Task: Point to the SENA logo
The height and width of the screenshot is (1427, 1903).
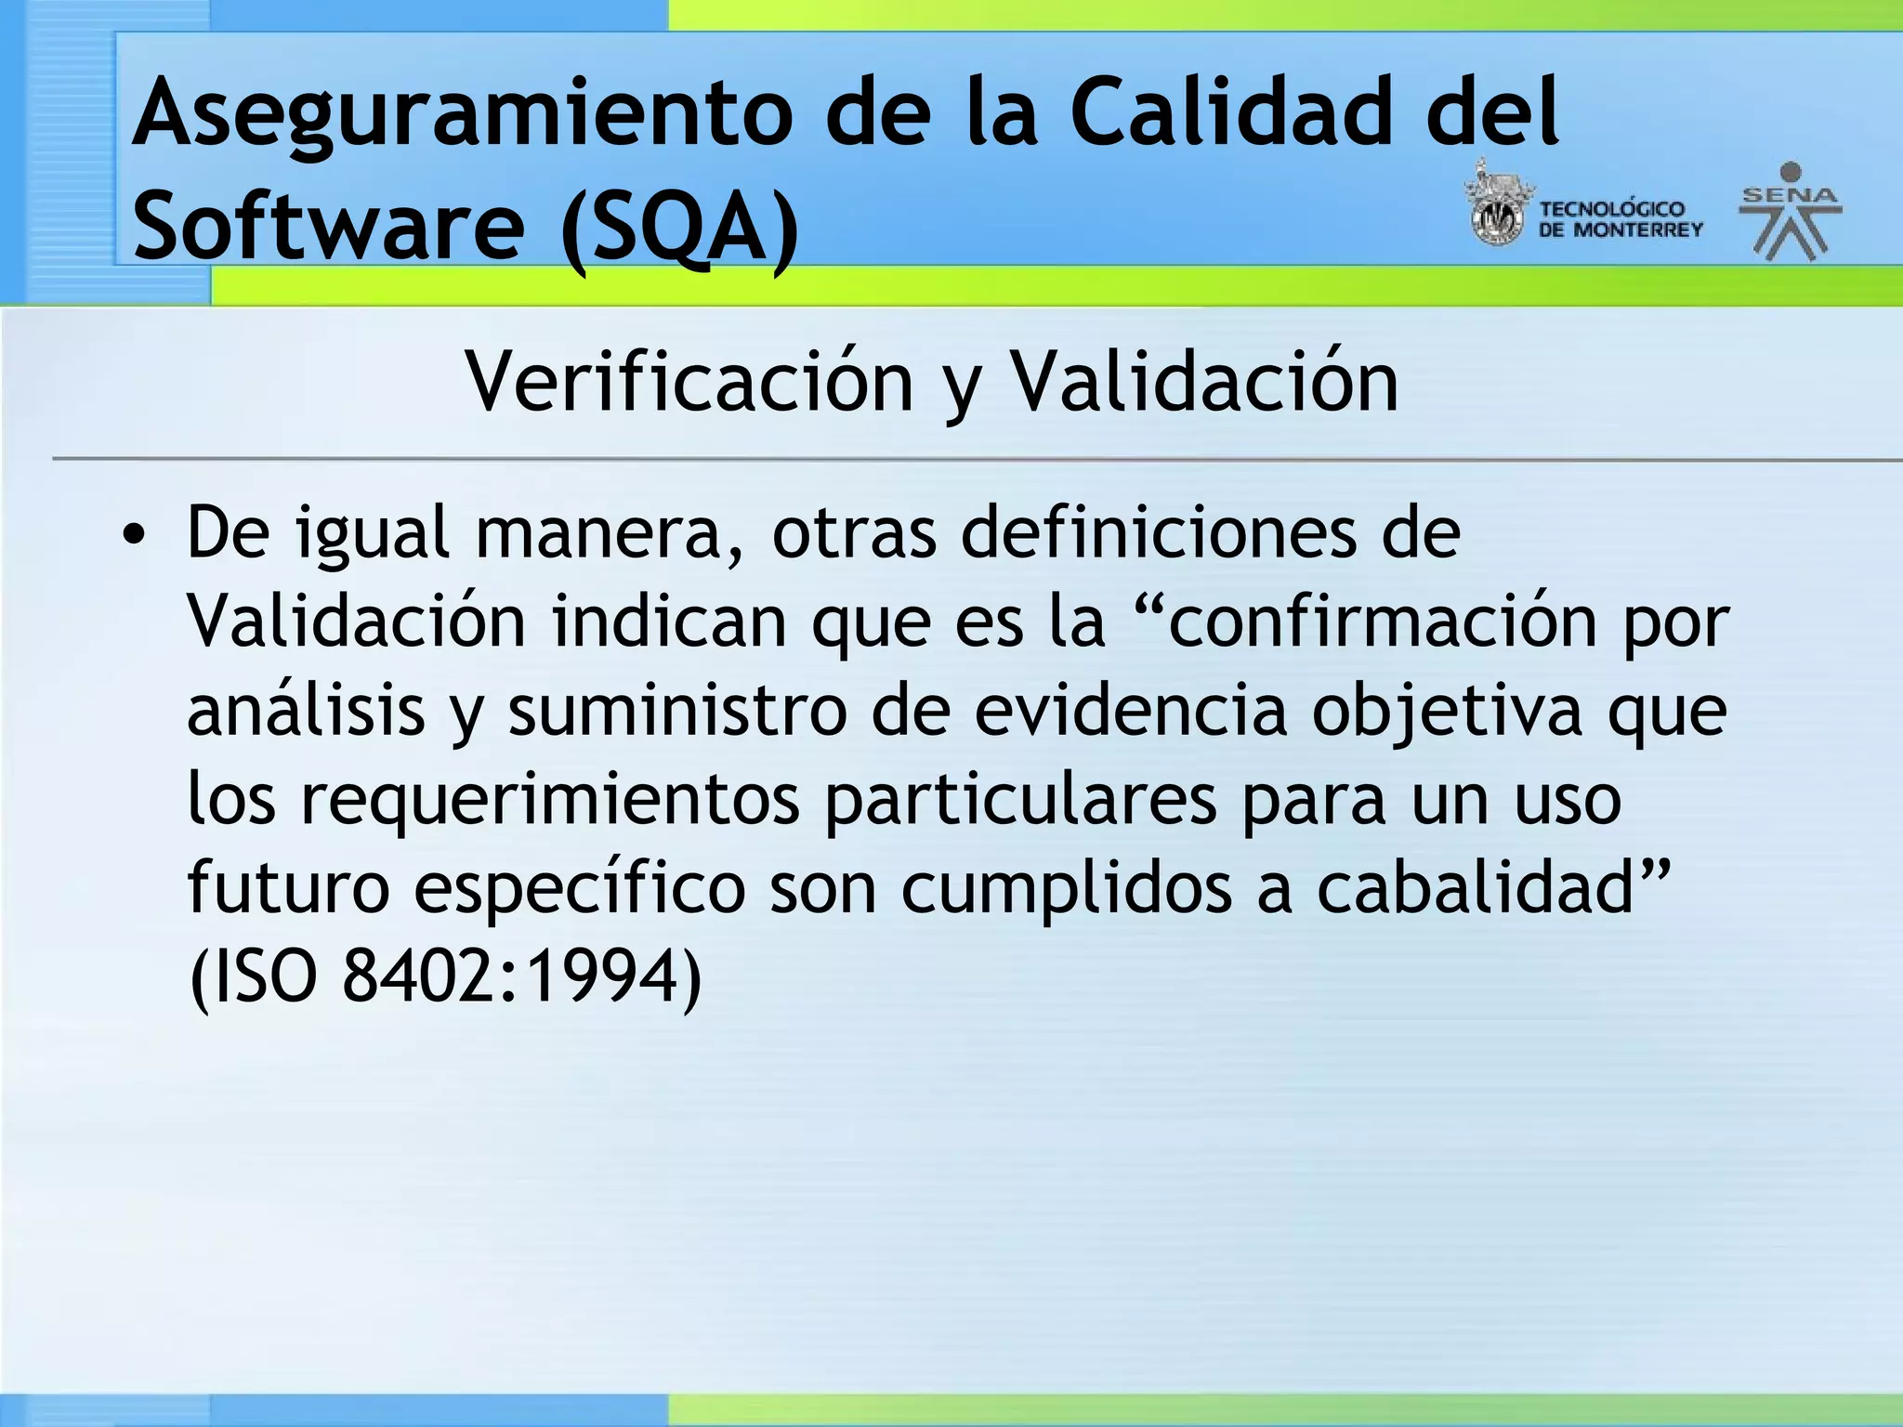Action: click(x=1790, y=212)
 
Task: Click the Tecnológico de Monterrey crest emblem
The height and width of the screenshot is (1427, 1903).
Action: click(x=1496, y=206)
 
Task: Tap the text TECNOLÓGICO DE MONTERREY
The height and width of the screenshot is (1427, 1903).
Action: click(x=1620, y=219)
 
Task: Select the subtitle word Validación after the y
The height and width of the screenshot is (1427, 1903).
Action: click(x=1204, y=382)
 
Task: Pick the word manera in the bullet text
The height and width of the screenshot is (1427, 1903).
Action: click(x=610, y=533)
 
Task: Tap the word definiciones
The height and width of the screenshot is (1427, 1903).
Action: click(x=1158, y=533)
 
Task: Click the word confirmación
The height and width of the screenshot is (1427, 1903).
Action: click(x=1381, y=622)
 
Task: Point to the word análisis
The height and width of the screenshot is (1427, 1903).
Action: click(x=307, y=711)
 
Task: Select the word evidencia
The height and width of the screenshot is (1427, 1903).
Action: click(x=1131, y=711)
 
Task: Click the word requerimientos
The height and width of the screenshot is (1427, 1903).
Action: click(x=550, y=800)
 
